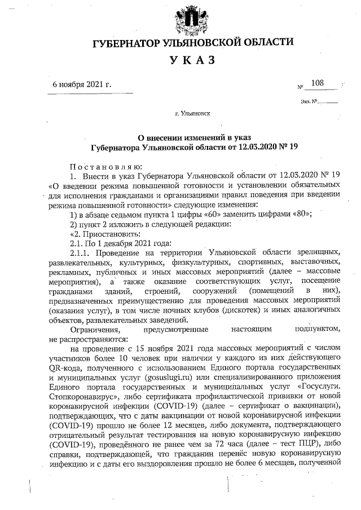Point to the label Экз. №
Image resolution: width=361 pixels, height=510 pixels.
click(310, 102)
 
